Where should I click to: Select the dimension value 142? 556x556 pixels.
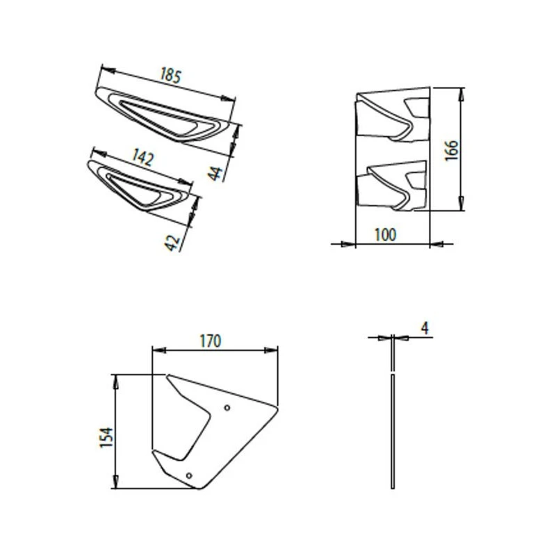pyautogui.click(x=142, y=158)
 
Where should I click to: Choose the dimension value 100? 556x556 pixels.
pyautogui.click(x=385, y=234)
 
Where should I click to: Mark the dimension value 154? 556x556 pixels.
pyautogui.click(x=106, y=436)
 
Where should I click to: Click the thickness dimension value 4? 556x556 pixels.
pyautogui.click(x=424, y=327)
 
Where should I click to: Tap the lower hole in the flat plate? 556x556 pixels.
pyautogui.click(x=189, y=475)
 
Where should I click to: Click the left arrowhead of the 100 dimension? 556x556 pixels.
pyautogui.click(x=351, y=244)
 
